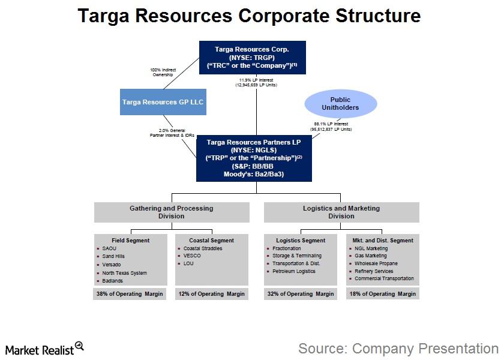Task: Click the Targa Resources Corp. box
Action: [x=253, y=57]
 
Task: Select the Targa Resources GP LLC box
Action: [x=163, y=102]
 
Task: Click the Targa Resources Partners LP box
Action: [x=254, y=158]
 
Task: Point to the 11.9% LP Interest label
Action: [x=256, y=82]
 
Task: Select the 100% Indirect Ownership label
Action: [x=162, y=73]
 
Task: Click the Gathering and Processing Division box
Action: [x=172, y=212]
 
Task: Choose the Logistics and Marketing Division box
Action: [x=341, y=212]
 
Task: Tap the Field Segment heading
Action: [x=131, y=241]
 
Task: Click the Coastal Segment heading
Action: [x=212, y=241]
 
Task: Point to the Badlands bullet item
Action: [x=113, y=281]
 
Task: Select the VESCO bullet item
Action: [x=193, y=256]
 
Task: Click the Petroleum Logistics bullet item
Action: [x=294, y=271]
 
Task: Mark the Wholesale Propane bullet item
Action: [x=376, y=263]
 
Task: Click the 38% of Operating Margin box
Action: [x=130, y=294]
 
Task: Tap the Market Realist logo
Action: [x=44, y=349]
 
